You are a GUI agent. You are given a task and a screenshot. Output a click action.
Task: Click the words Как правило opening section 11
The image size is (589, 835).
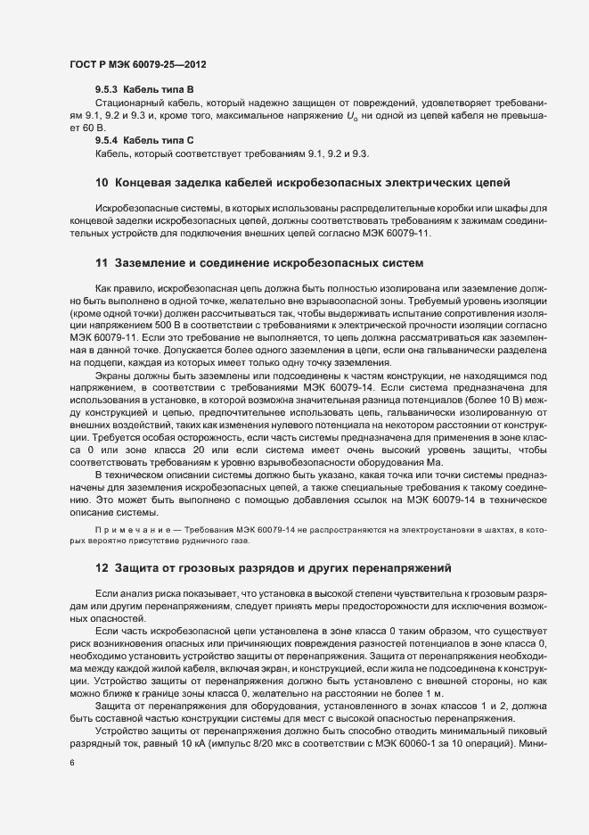coord(124,291)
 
